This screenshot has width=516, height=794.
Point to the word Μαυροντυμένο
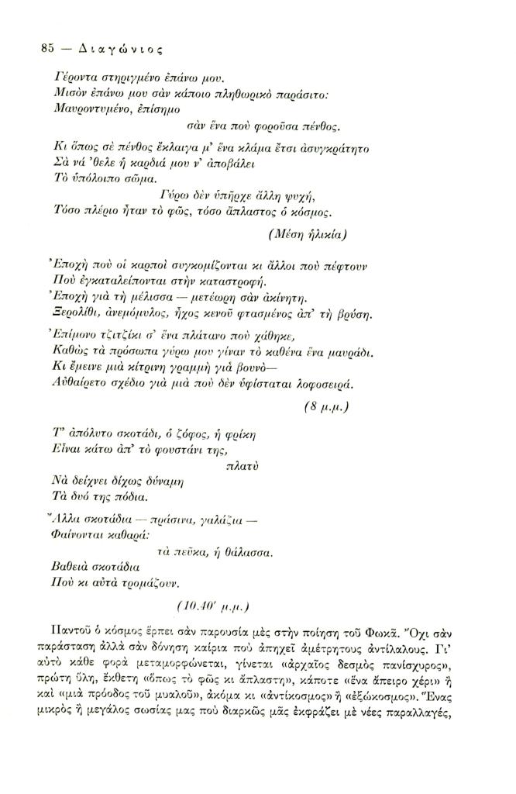pyautogui.click(x=93, y=110)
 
